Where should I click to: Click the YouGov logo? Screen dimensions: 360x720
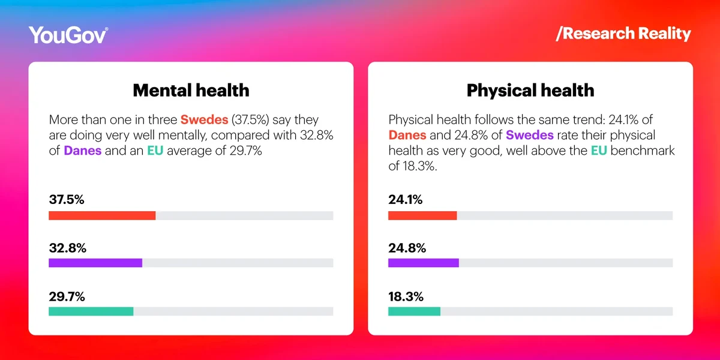pos(68,35)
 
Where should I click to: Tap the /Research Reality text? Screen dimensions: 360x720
pos(623,34)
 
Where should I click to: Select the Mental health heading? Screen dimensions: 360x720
pos(191,90)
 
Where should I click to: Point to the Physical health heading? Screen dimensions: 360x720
pos(530,90)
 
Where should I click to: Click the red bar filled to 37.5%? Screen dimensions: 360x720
pos(102,215)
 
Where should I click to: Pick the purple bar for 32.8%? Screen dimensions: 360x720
pos(95,263)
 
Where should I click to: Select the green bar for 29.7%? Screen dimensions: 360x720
pos(91,311)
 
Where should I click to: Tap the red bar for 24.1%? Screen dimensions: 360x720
pos(422,215)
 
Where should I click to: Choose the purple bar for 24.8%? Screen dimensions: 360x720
pos(424,263)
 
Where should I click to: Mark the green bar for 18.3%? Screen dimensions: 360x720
pos(414,311)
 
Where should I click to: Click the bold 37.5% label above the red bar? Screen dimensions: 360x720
pos(66,200)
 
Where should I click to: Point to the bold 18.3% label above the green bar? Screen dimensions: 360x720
pos(406,296)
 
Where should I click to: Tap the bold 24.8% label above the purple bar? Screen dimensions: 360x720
pos(407,248)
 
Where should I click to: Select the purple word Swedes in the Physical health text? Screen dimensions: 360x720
pos(529,135)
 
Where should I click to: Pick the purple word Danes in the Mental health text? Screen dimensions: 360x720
pos(83,151)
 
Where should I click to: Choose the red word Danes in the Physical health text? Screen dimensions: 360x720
pos(407,135)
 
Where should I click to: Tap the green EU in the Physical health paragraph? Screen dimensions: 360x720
pos(598,151)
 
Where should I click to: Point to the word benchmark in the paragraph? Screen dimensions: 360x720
pos(642,151)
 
